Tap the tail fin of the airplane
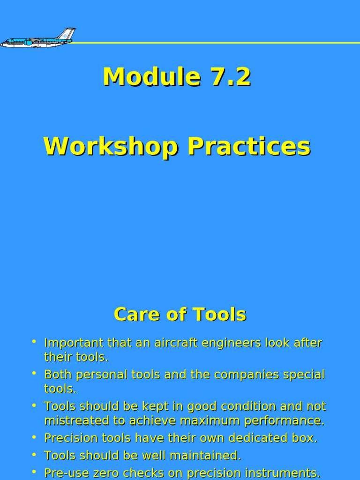pos(67,34)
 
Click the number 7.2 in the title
pos(231,77)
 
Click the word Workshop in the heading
pos(111,147)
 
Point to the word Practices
pos(249,147)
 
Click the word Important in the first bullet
pos(74,343)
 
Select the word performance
pos(285,421)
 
